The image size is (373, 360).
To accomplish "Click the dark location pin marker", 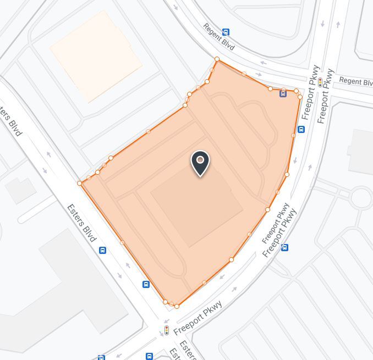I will (x=200, y=163).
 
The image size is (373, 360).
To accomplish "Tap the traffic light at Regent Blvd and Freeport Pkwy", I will (x=320, y=83).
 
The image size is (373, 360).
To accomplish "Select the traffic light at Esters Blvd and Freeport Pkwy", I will (x=167, y=330).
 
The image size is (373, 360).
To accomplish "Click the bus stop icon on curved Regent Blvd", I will (x=226, y=32).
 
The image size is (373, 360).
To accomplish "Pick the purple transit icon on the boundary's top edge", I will (x=283, y=93).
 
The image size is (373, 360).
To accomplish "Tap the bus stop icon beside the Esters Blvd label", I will (x=102, y=251).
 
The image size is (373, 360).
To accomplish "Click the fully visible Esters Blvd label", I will (x=81, y=223).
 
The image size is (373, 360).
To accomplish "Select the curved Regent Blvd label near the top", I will (x=218, y=37).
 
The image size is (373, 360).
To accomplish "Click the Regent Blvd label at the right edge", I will (x=355, y=81).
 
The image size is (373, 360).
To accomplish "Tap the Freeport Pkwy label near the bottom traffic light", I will (x=198, y=318).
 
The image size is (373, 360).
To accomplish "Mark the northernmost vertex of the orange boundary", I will (x=217, y=59).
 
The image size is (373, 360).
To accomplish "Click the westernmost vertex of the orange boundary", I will (x=80, y=183).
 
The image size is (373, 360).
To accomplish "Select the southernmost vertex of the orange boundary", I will (x=177, y=306).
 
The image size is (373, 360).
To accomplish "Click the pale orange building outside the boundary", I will (x=96, y=55).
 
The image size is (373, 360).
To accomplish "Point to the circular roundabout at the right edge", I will (x=361, y=197).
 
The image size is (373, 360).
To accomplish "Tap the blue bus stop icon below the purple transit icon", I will (x=301, y=130).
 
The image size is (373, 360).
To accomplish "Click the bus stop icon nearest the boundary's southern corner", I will (x=146, y=284).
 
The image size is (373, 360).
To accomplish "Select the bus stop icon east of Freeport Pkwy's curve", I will (x=284, y=248).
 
